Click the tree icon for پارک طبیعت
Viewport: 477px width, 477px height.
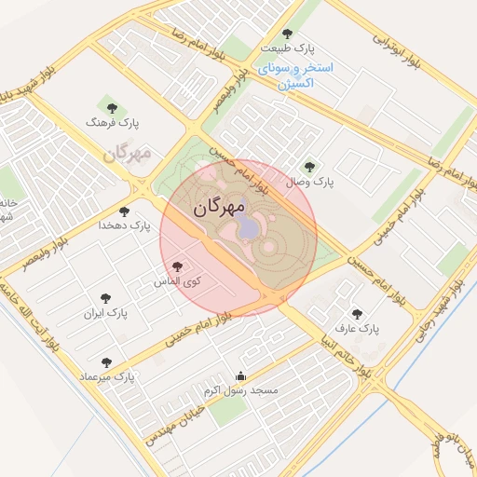point(299,33)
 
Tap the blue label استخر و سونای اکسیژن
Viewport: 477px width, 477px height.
point(297,76)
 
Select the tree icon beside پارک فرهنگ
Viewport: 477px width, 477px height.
point(113,108)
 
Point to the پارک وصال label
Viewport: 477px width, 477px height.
point(311,181)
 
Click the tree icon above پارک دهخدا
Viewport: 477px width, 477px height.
point(125,211)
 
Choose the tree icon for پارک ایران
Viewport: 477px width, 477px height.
point(105,299)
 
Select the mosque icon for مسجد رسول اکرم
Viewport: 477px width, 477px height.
point(241,376)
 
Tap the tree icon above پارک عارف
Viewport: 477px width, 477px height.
point(356,315)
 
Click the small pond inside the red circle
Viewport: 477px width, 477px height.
point(249,227)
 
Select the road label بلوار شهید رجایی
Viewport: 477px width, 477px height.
point(457,307)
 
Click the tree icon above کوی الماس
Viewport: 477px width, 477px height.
point(178,266)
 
